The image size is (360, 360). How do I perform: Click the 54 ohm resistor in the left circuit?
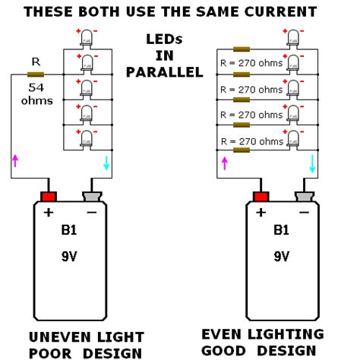pos(36,74)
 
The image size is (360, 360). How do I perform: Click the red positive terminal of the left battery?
pos(49,196)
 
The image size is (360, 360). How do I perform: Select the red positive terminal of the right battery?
pos(261,196)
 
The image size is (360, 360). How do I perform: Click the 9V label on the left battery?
pos(70,257)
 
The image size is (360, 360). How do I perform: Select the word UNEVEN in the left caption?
pos(56,336)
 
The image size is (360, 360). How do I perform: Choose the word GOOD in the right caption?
pos(232,350)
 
